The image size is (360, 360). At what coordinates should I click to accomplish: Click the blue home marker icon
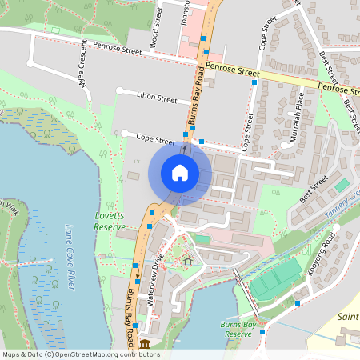(x=179, y=173)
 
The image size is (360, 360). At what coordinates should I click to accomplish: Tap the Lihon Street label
(x=157, y=98)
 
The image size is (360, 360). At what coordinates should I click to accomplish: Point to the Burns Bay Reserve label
(x=238, y=328)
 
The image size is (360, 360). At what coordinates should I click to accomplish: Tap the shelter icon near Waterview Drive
(x=189, y=261)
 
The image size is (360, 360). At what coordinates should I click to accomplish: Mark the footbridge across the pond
(x=244, y=292)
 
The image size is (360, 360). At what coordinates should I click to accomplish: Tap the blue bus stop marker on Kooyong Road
(x=298, y=303)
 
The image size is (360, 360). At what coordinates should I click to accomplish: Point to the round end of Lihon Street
(x=120, y=91)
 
